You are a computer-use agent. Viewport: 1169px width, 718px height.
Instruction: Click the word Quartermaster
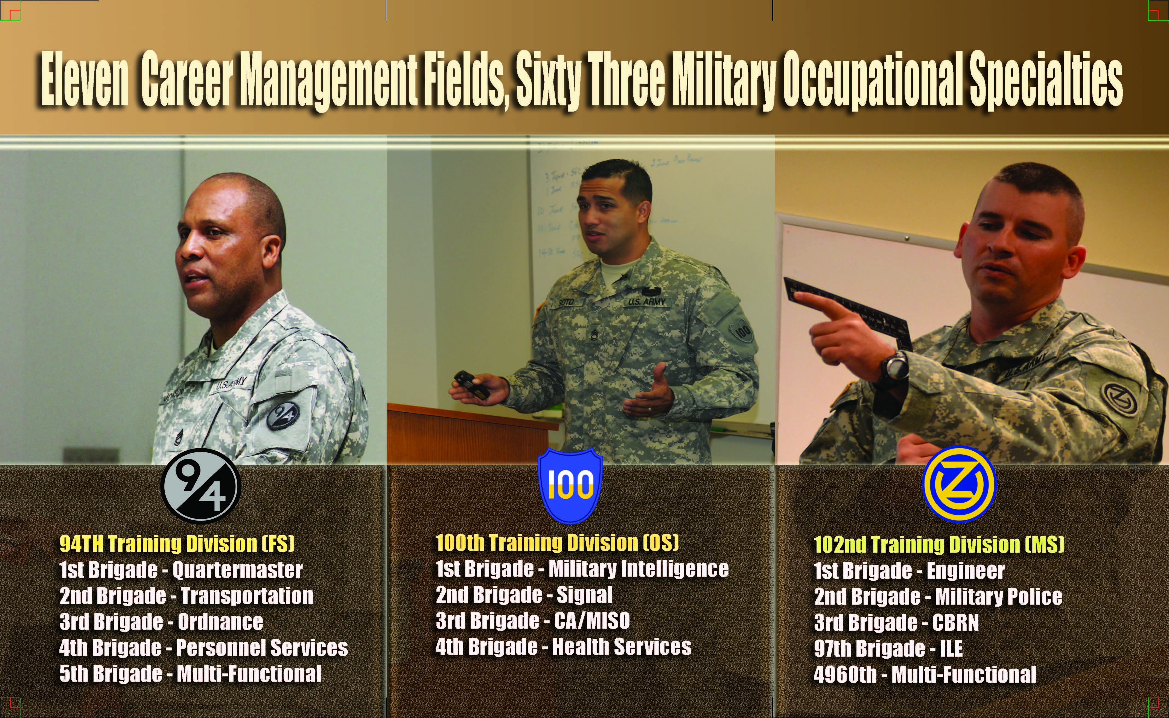(x=237, y=570)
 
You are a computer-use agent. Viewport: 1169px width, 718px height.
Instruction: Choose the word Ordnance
(x=220, y=622)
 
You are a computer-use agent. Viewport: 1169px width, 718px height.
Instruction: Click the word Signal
(x=584, y=595)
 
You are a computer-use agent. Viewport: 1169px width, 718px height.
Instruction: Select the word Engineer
(x=965, y=570)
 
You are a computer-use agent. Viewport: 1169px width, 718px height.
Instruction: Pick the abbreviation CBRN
(x=955, y=623)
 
